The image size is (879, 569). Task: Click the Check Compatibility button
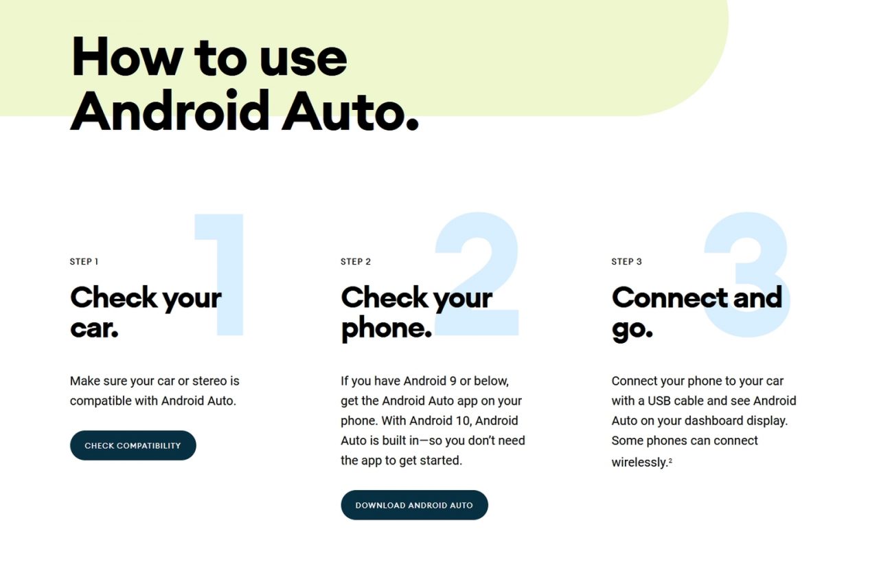click(133, 446)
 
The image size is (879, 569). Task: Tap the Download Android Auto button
click(414, 505)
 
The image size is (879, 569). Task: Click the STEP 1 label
click(84, 262)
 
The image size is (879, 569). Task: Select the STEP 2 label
click(356, 262)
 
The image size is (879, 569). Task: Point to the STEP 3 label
click(626, 262)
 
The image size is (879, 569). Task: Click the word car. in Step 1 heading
click(94, 328)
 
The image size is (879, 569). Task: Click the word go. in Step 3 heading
click(632, 329)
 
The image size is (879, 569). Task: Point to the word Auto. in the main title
click(350, 111)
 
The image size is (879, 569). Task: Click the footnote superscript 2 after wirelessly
click(670, 460)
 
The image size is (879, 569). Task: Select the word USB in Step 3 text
click(659, 401)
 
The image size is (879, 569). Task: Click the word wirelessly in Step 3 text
click(639, 462)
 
